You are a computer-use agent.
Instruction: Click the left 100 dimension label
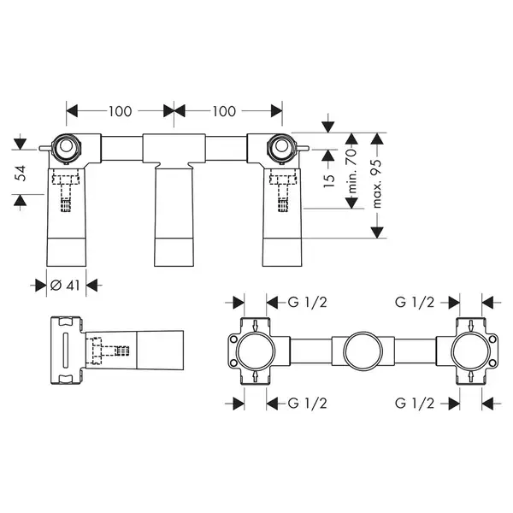tap(120, 111)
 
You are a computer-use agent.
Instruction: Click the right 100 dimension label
tap(224, 111)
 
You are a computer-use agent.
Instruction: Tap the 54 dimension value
tap(21, 173)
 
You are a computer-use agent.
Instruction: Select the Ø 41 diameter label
tap(65, 286)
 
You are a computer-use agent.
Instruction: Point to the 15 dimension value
tap(329, 179)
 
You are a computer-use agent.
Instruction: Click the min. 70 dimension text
tap(351, 171)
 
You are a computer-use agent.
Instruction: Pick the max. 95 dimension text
tap(377, 184)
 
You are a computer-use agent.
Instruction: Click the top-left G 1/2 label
tap(307, 302)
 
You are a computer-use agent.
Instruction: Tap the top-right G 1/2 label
tap(415, 302)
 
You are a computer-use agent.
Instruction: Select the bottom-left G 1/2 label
tap(307, 404)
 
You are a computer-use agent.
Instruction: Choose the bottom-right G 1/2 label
tap(415, 404)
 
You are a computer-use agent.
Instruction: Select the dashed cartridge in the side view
tap(108, 351)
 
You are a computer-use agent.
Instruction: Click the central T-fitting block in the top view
tap(174, 149)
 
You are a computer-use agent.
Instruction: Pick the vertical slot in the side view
tap(64, 351)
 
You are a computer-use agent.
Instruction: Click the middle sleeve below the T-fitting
tap(174, 217)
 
